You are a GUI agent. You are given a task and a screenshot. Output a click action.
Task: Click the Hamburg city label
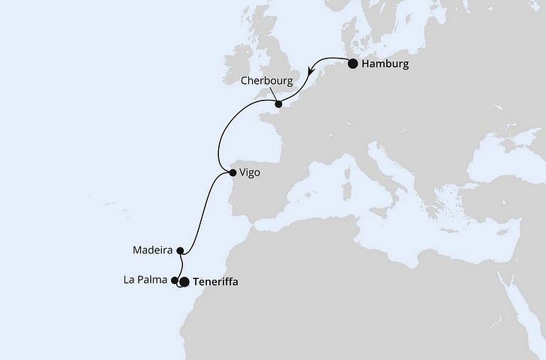coord(385,64)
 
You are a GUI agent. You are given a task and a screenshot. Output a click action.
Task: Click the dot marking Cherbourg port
coord(278,103)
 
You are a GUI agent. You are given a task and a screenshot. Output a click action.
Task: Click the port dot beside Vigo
coord(233,173)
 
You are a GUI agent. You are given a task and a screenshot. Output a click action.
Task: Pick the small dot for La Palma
coord(175,280)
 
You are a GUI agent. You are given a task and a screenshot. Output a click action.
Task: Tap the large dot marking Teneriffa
coord(184,282)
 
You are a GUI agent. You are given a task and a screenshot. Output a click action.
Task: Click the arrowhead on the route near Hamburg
coord(312,72)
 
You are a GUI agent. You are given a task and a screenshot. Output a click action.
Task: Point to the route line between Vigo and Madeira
coord(205,211)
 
